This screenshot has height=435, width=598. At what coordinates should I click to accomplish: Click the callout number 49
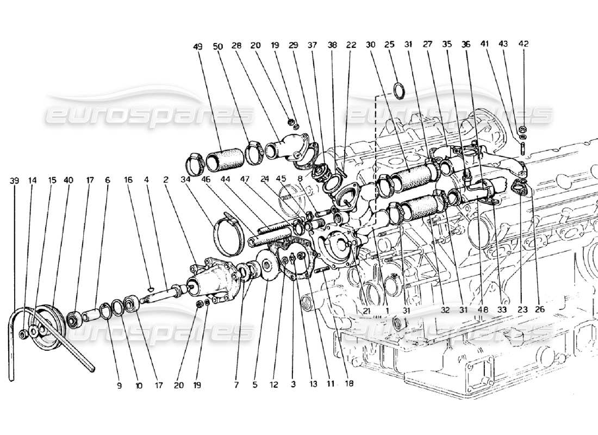click(197, 47)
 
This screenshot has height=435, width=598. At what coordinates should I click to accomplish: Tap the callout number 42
click(523, 43)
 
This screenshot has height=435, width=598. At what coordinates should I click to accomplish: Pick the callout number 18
click(348, 384)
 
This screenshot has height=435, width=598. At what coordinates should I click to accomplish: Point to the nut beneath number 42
click(522, 130)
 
